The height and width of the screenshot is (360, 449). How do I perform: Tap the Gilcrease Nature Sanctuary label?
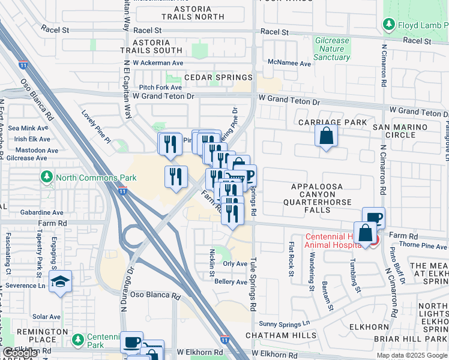coord(332,49)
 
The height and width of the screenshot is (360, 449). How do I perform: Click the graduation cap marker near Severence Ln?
coord(60,282)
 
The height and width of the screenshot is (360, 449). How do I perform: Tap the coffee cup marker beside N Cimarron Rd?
coord(373,218)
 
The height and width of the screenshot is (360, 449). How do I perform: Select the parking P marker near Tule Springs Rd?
coord(249,176)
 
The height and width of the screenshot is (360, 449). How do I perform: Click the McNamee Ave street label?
coord(289,63)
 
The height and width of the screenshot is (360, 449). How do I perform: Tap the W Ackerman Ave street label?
coord(158,62)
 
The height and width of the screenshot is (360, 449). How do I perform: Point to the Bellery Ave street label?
coord(231,281)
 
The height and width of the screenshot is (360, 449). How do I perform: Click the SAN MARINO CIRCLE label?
coord(402,131)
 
